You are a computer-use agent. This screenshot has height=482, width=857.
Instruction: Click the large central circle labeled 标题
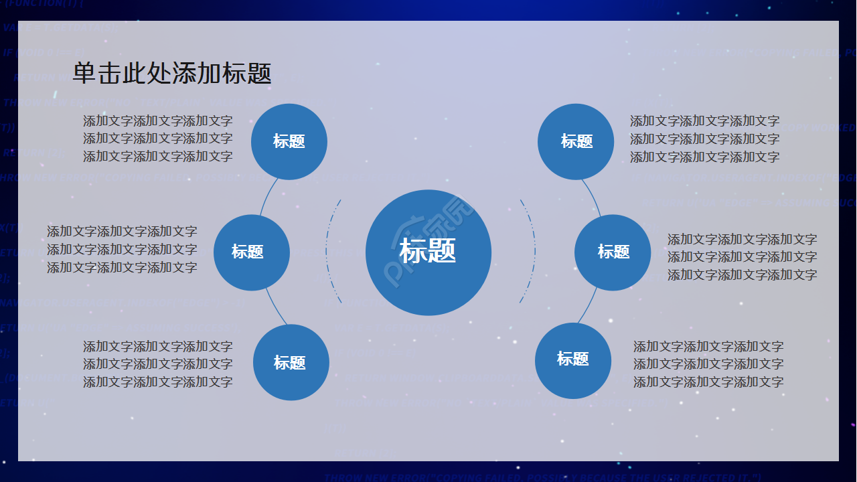(x=428, y=252)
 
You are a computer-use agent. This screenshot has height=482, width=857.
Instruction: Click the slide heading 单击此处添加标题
(x=172, y=73)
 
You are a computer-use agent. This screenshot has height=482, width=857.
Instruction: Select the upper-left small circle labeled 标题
(x=289, y=141)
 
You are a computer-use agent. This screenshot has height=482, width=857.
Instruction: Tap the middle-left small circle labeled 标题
(x=252, y=252)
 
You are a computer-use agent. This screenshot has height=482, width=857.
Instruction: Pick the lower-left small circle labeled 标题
(x=291, y=362)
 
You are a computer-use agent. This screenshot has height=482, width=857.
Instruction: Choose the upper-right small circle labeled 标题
(x=576, y=141)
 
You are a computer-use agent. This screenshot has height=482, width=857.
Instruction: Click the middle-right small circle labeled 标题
(x=613, y=252)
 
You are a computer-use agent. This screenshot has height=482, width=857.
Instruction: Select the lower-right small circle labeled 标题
(x=573, y=360)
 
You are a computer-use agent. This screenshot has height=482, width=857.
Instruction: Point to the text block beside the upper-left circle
(x=158, y=139)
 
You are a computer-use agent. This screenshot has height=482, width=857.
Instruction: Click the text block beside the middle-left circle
(x=122, y=250)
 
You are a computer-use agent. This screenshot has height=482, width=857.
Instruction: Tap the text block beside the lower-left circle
(x=158, y=364)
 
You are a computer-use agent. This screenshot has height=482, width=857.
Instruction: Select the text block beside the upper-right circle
(x=704, y=139)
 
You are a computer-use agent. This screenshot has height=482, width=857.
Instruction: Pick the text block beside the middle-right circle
(x=742, y=257)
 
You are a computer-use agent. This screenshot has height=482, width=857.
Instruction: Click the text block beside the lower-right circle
(x=708, y=364)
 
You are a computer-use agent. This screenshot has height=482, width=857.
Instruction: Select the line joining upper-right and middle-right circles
(x=593, y=195)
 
